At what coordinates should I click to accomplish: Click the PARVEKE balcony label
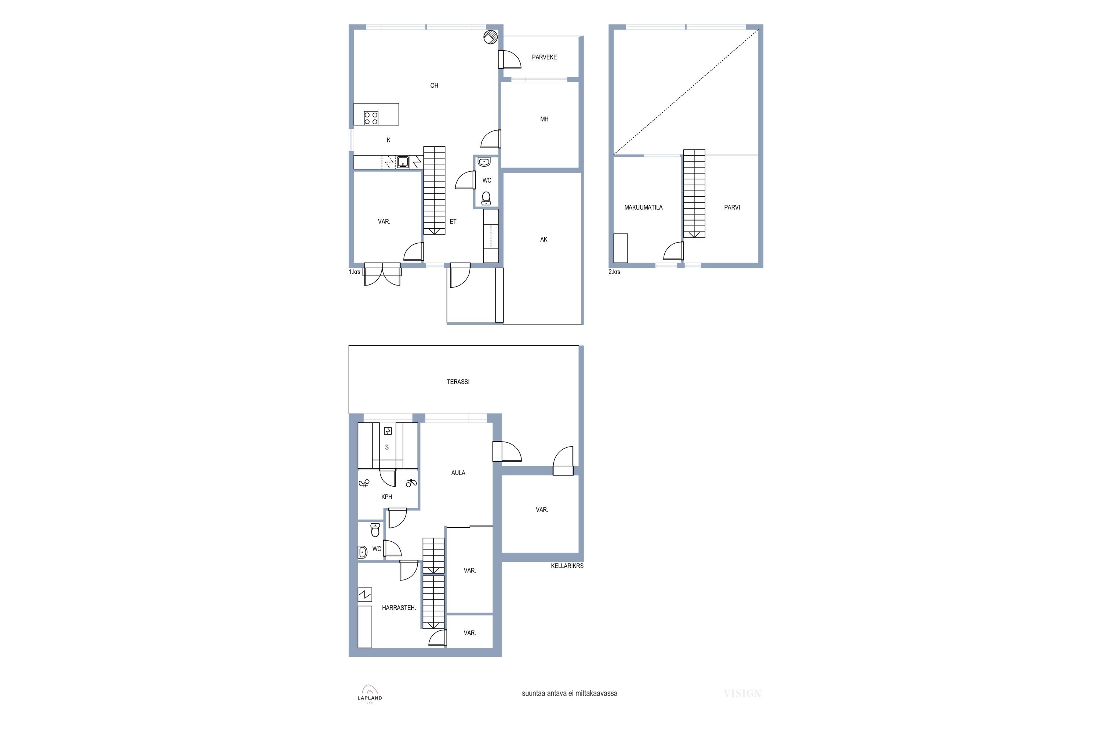[544, 57]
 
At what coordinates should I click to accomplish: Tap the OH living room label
[434, 86]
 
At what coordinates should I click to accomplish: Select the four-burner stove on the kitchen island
[371, 118]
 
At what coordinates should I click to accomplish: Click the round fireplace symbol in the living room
[490, 37]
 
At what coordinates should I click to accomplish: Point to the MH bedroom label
[544, 119]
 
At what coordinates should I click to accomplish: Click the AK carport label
[544, 240]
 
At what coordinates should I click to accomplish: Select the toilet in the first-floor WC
[486, 199]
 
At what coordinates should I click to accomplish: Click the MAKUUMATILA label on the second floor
[643, 207]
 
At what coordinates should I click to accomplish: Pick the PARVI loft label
[732, 207]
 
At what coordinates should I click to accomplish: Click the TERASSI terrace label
[458, 382]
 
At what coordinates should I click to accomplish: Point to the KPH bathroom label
[387, 497]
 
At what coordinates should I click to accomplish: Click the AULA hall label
[458, 473]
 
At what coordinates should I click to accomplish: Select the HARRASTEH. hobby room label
[399, 608]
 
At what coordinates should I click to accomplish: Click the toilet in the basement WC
[375, 530]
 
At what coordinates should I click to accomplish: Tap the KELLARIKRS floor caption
[567, 566]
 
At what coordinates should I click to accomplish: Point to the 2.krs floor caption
[614, 272]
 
